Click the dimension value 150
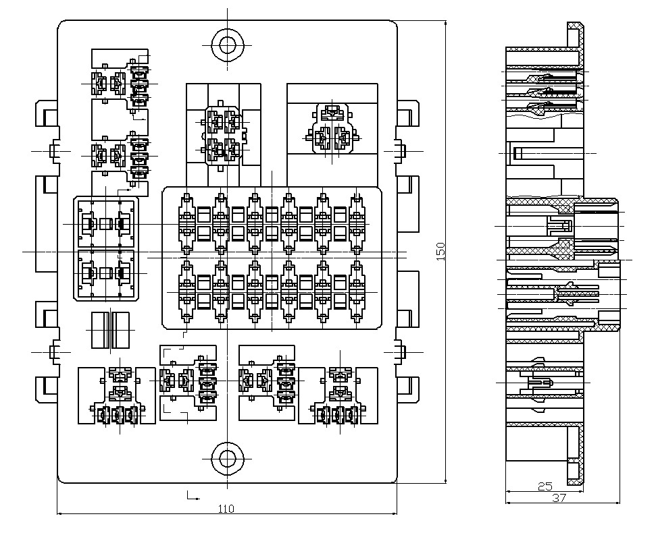[440, 251]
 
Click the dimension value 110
[226, 509]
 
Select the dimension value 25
[545, 486]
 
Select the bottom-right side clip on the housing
[407, 388]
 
